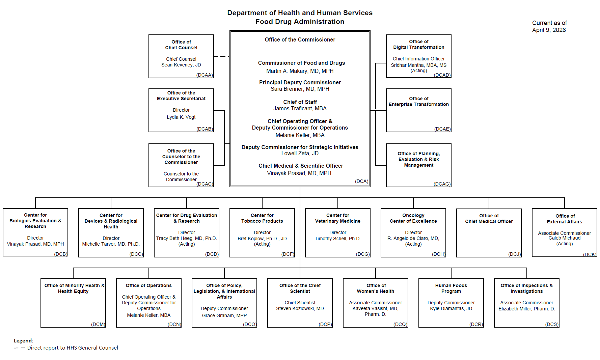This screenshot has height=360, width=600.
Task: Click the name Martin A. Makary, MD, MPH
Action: click(300, 71)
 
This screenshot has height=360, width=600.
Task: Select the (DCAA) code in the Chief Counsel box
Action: click(204, 75)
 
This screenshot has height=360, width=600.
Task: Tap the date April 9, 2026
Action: click(549, 30)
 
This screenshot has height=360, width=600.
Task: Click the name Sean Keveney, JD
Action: click(181, 65)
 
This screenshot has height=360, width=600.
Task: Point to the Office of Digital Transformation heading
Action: click(418, 45)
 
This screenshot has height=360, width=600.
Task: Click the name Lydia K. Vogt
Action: click(181, 117)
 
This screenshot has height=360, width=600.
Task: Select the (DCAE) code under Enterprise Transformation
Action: click(442, 129)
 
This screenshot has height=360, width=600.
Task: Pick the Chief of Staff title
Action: click(300, 102)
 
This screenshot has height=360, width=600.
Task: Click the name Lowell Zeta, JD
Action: click(300, 154)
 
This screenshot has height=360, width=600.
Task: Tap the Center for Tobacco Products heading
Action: click(262, 218)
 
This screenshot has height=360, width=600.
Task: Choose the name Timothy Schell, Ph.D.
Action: click(337, 239)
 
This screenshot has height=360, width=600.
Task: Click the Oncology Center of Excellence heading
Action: click(413, 218)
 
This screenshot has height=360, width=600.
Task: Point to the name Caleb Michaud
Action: click(564, 238)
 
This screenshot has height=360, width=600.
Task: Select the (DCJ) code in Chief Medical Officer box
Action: click(514, 254)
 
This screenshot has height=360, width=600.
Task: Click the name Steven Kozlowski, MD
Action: click(300, 308)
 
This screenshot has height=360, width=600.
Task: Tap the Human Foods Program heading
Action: click(451, 288)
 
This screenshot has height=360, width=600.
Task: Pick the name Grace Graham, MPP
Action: click(224, 315)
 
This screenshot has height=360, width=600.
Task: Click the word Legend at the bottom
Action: click(23, 341)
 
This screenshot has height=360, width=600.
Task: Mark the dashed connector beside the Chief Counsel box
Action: click(221, 56)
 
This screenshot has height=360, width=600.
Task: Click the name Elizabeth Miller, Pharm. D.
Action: click(526, 309)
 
